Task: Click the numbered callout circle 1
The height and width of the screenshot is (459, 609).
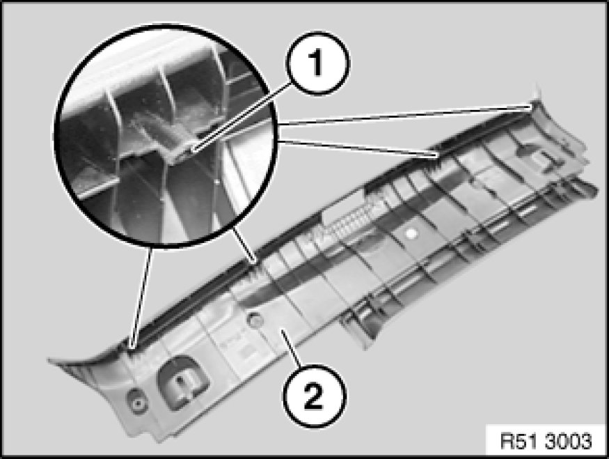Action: tap(317, 63)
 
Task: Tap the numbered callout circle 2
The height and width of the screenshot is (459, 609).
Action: tap(314, 396)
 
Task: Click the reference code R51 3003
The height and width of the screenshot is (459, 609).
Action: tap(546, 442)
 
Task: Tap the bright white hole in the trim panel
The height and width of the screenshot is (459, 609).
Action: tap(411, 233)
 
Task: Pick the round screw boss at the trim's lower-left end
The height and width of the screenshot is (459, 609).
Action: tap(137, 403)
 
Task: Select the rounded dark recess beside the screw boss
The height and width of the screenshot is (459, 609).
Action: tap(182, 382)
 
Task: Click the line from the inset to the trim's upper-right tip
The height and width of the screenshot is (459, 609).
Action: tap(406, 115)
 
